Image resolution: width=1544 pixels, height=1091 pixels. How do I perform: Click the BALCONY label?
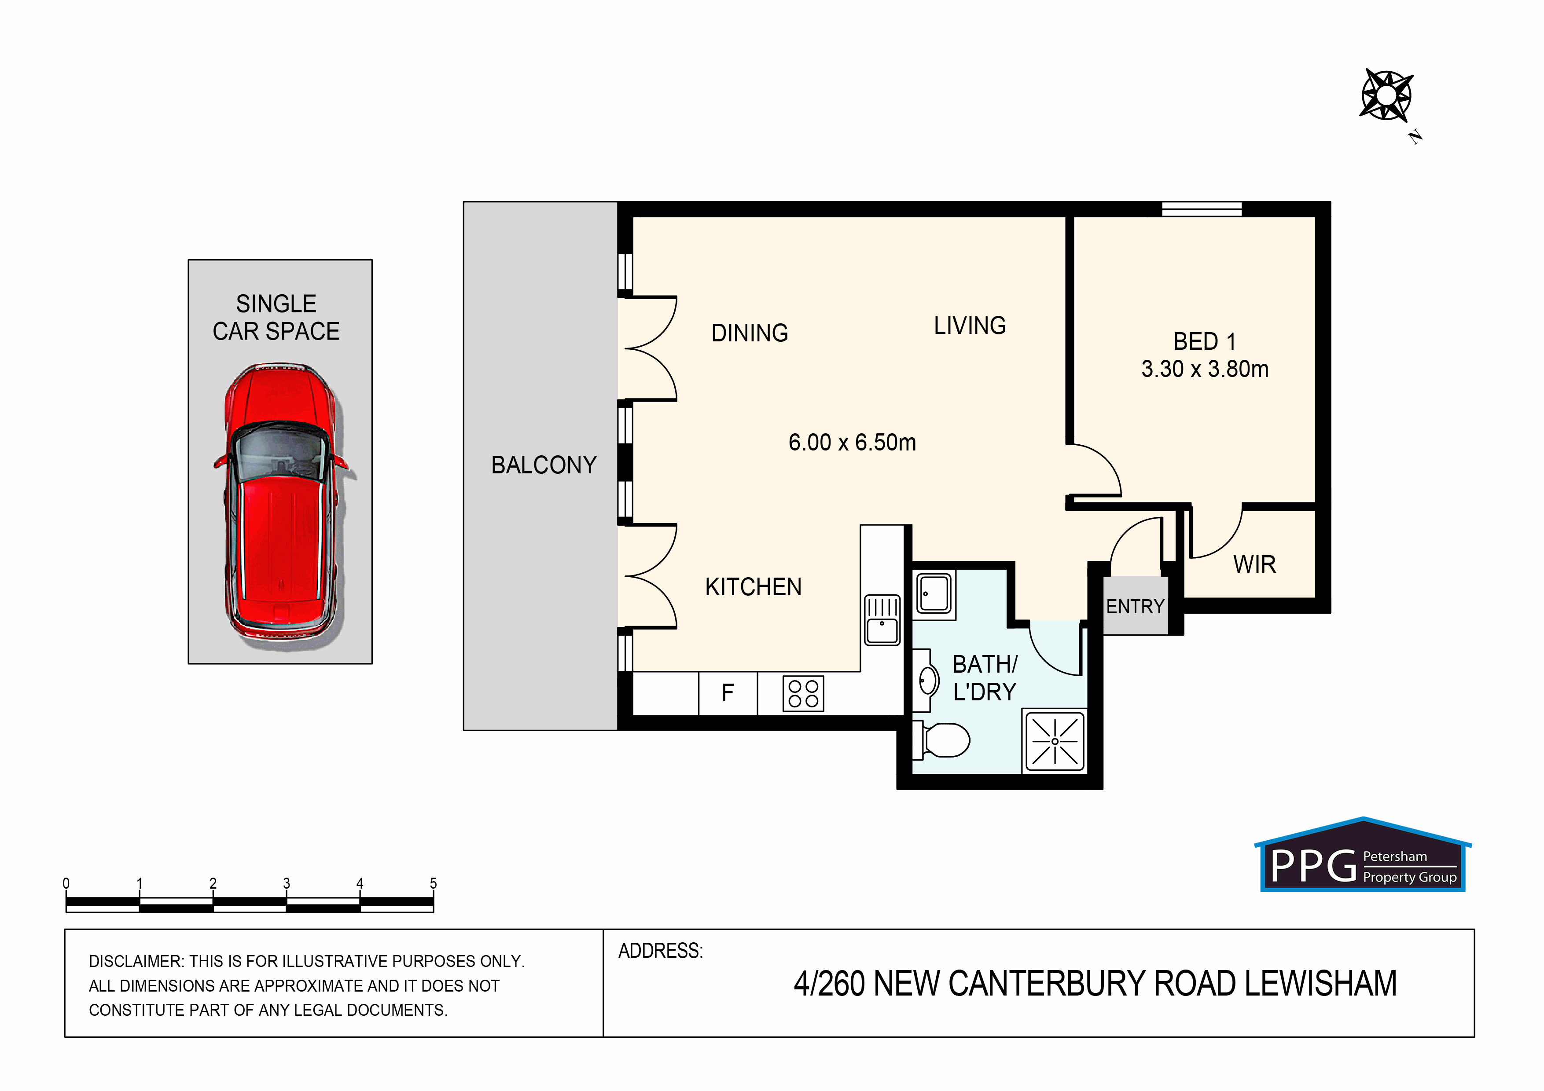544,465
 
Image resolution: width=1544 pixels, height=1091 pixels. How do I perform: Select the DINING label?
750,333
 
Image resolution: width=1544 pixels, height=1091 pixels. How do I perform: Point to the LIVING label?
970,326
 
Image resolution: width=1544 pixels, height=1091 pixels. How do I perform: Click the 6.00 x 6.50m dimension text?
852,442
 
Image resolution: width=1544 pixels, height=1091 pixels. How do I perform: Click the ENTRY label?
1135,606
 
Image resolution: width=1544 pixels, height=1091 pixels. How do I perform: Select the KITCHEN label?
753,587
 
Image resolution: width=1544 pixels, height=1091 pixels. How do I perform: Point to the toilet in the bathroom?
941,740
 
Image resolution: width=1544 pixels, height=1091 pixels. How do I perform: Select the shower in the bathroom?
1055,741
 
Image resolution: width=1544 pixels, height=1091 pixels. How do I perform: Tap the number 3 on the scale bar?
287,883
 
